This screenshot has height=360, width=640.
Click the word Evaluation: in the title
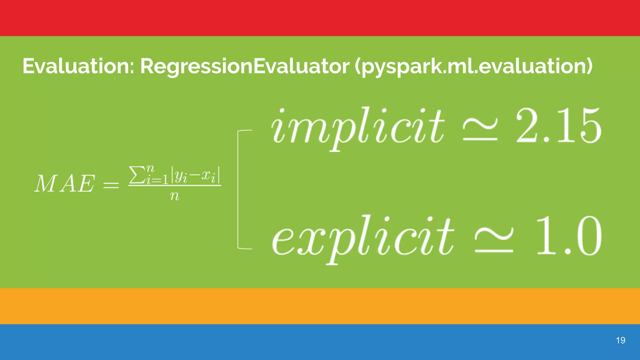pos(78,66)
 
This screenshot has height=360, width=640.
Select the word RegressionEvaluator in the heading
pos(245,66)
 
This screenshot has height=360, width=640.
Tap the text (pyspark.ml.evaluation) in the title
pos(473,67)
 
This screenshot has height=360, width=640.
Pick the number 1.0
pos(568,236)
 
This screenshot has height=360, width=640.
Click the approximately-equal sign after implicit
pos(480,131)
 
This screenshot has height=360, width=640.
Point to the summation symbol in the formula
pos(136,176)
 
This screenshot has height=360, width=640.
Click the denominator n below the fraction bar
pos(175,196)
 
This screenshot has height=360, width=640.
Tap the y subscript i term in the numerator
pos(181,177)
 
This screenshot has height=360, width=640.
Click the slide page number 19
pos(620,340)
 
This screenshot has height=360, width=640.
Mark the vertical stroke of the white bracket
pos(238,189)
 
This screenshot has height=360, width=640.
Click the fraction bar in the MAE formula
pos(175,186)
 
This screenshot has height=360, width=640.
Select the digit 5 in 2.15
pos(590,126)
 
